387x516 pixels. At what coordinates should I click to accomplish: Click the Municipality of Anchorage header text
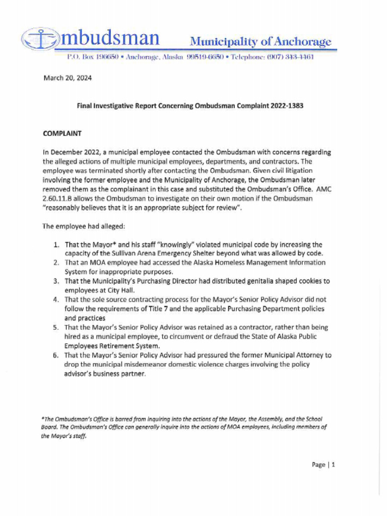260,41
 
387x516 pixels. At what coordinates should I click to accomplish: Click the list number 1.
57,244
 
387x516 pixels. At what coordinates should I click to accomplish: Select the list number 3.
57,281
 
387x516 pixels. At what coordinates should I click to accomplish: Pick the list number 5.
57,328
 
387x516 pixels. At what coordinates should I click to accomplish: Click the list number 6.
57,355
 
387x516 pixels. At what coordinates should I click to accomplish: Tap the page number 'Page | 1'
324,465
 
